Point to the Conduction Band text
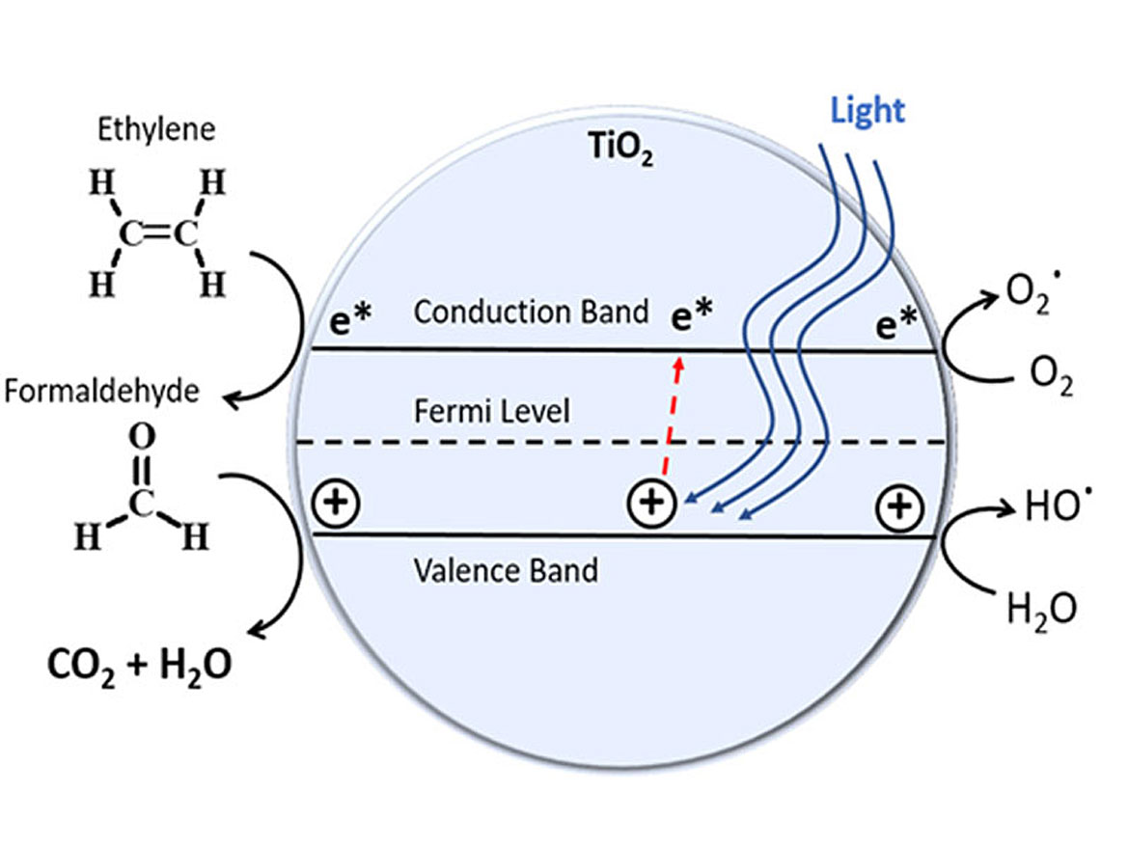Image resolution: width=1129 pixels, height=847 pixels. tap(531, 312)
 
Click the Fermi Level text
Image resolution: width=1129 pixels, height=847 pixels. tap(492, 412)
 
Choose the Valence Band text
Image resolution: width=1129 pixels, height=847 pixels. tap(506, 569)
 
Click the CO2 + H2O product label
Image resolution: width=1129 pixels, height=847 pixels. tap(139, 665)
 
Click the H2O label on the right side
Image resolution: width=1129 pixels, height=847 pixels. tap(1040, 609)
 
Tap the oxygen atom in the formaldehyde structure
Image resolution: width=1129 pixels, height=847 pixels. tap(142, 440)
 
